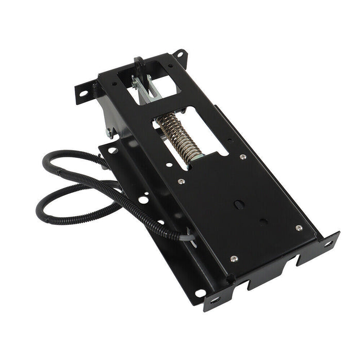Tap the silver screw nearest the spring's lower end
pos(181,181)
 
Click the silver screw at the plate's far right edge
pos(299,227)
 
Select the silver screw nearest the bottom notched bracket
pos(234,258)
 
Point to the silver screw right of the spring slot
pos(242,157)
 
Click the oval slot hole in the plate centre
pos(239,204)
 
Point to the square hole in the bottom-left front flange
pos(215,299)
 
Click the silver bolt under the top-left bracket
pos(109,133)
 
